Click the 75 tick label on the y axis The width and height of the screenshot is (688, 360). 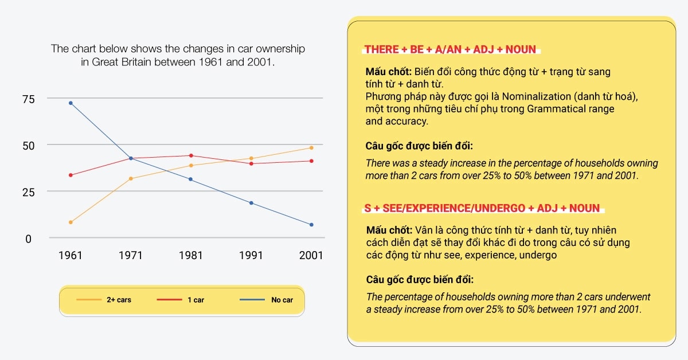pyautogui.click(x=28, y=99)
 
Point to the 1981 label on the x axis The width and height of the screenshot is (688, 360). pyautogui.click(x=191, y=255)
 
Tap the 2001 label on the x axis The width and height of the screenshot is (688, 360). pyautogui.click(x=311, y=255)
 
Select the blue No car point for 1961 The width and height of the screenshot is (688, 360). pyautogui.click(x=71, y=103)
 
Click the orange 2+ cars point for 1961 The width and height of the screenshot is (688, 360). pyautogui.click(x=71, y=222)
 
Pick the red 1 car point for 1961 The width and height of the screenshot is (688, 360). pyautogui.click(x=71, y=175)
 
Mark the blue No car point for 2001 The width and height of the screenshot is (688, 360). pyautogui.click(x=311, y=225)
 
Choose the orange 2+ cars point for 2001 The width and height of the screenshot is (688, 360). pyautogui.click(x=311, y=148)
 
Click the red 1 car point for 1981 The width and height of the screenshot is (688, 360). pyautogui.click(x=191, y=155)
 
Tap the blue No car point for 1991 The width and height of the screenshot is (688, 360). pyautogui.click(x=251, y=203)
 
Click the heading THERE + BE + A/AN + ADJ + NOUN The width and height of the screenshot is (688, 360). pyautogui.click(x=450, y=49)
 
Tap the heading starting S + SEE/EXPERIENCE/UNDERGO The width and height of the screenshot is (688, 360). pyautogui.click(x=482, y=208)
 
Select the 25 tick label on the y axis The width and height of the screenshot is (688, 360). pyautogui.click(x=28, y=192)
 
